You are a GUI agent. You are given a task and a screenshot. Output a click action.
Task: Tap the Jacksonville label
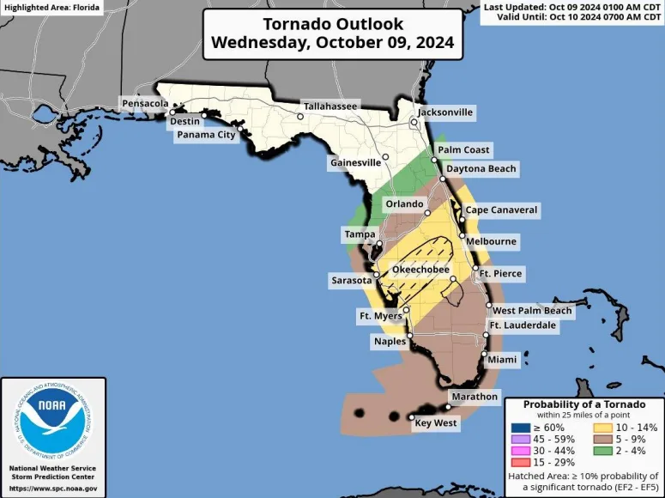pyautogui.click(x=444, y=112)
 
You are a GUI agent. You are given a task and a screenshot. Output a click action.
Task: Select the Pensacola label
pyautogui.click(x=145, y=103)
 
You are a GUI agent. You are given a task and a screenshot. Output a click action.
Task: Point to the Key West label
pyautogui.click(x=436, y=423)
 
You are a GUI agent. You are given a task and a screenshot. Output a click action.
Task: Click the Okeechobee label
pyautogui.click(x=420, y=270)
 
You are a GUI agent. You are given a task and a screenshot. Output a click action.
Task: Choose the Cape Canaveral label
pyautogui.click(x=501, y=210)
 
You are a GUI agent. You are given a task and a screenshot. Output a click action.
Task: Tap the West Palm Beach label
pyautogui.click(x=532, y=310)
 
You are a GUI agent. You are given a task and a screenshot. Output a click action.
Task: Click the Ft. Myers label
pyautogui.click(x=380, y=316)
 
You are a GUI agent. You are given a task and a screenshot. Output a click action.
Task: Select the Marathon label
pyautogui.click(x=473, y=397)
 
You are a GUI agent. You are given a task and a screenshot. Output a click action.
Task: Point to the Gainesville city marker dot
pyautogui.click(x=386, y=157)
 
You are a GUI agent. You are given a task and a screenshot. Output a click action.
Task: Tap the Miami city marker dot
pyautogui.click(x=484, y=354)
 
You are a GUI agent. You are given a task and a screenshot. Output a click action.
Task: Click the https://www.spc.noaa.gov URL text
pyautogui.click(x=53, y=489)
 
